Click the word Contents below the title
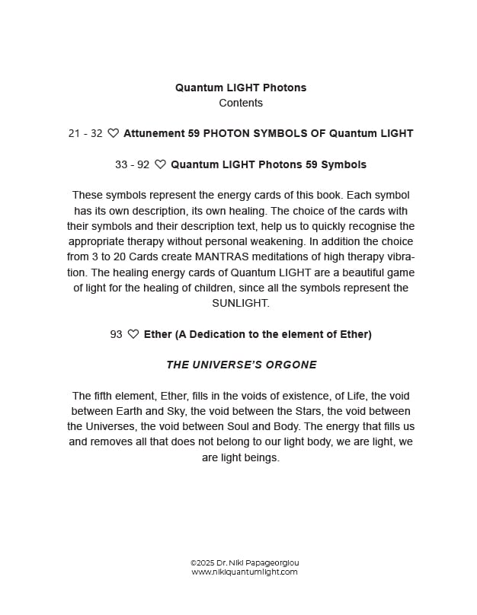[x=241, y=103]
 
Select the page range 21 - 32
[x=85, y=133]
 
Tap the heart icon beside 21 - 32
[x=113, y=133]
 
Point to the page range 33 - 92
[x=132, y=164]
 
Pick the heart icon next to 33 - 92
[x=160, y=164]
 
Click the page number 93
[x=116, y=334]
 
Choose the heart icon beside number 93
[x=133, y=334]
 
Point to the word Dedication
[x=205, y=334]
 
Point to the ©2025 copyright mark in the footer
[x=204, y=563]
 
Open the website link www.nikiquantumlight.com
[x=245, y=572]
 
